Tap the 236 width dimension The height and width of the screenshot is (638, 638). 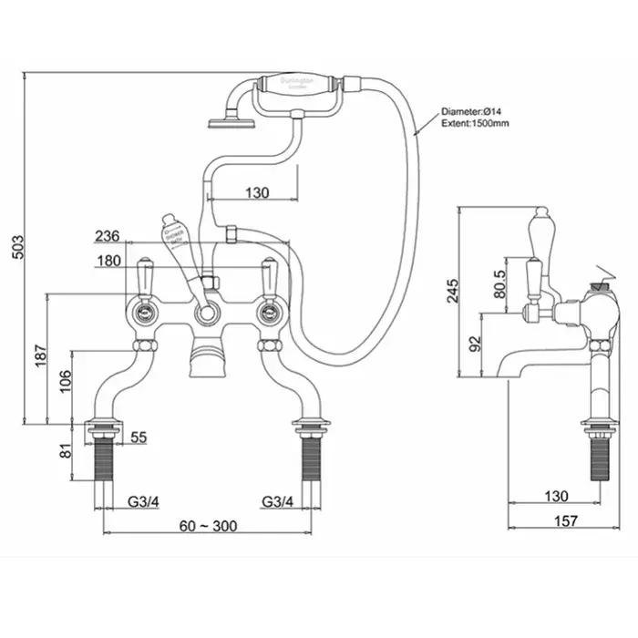pyautogui.click(x=108, y=237)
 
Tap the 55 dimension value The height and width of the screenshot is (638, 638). pyautogui.click(x=138, y=437)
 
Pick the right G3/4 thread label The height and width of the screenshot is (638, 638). pyautogui.click(x=279, y=501)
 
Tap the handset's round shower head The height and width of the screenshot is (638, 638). pyautogui.click(x=220, y=119)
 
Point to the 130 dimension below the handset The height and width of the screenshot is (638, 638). pyautogui.click(x=258, y=192)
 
